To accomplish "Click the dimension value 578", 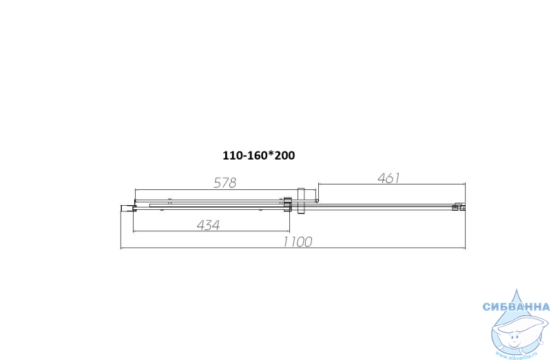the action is [x=225, y=182].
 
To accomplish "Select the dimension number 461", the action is [x=388, y=178].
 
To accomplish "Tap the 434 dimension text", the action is [x=209, y=225].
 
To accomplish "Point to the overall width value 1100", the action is [x=298, y=242].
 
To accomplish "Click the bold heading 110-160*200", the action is [x=259, y=156].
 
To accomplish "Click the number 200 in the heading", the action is [x=284, y=156].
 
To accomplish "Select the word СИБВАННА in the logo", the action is [x=516, y=307].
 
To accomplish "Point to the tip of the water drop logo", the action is [x=517, y=289].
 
